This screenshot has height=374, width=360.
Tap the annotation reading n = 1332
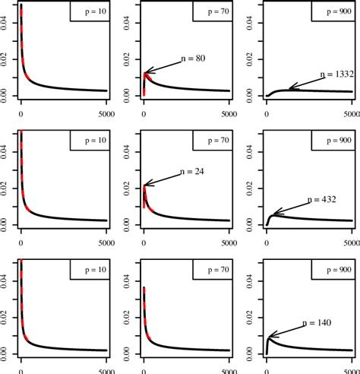(336, 74)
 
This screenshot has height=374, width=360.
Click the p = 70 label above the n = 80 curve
(210, 13)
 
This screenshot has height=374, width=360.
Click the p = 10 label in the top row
(87, 13)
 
